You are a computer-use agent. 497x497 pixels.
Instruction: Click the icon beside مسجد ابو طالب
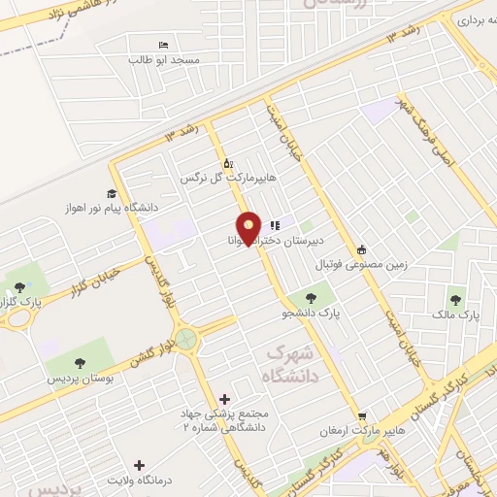tap(164, 46)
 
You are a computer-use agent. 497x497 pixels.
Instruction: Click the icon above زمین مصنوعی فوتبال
tap(361, 248)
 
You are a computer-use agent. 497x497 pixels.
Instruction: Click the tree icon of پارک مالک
tap(455, 299)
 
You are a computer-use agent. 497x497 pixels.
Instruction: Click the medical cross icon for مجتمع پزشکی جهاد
tap(226, 399)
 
